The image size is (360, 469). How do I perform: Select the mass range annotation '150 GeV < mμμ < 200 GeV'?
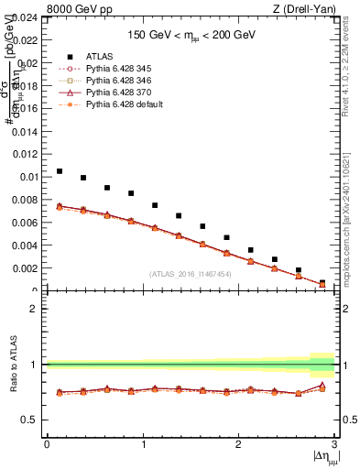(191, 35)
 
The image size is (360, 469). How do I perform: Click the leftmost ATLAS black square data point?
(60, 171)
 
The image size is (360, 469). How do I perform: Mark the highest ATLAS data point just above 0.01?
(60, 171)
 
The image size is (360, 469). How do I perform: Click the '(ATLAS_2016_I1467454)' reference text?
(191, 274)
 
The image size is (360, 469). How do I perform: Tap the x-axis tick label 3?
(334, 444)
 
